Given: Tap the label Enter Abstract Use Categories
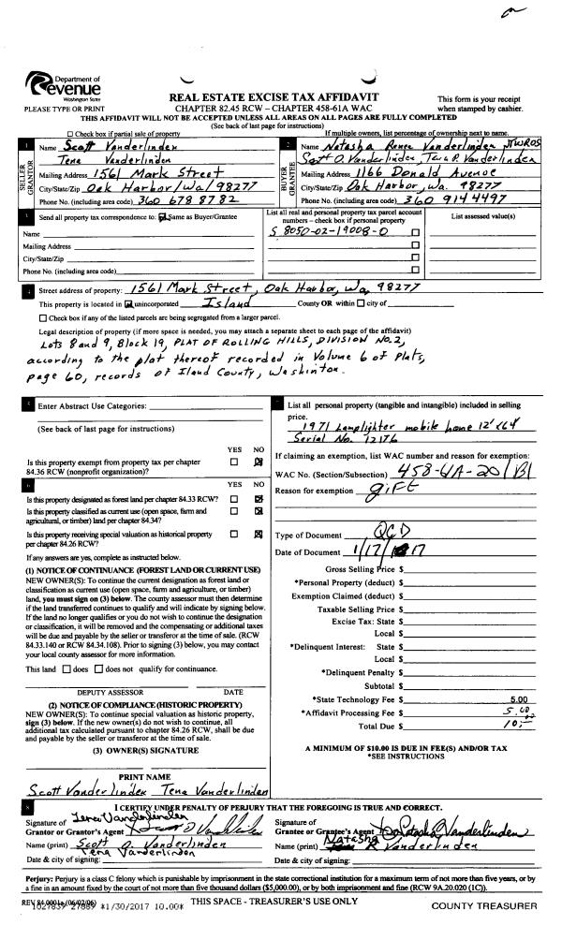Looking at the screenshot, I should click(92, 406).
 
